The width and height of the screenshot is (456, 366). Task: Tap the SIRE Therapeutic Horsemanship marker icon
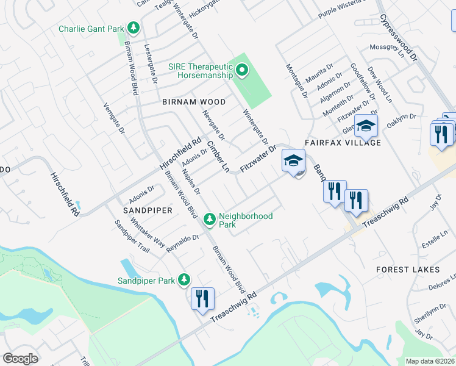242,70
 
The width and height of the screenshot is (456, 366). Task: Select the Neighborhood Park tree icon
210,218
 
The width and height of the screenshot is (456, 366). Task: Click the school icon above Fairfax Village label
366,126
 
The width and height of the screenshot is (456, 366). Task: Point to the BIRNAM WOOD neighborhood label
193,102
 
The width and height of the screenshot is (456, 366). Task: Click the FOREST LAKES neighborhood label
408,269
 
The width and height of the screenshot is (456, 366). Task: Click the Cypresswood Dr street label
399,38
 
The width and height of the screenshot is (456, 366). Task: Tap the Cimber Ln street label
217,156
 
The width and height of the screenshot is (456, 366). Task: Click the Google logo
20,359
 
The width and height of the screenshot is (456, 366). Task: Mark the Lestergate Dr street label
150,63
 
